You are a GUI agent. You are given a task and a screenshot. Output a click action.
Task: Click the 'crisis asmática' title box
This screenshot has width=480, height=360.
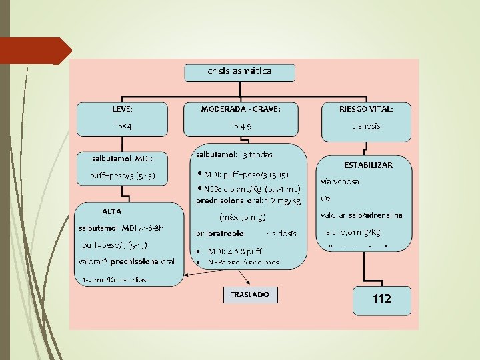[x=239, y=71]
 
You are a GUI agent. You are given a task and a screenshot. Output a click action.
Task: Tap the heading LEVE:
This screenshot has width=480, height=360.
[x=122, y=108]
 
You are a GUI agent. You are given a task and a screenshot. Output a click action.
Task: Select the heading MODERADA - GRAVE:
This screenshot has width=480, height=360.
[x=240, y=108]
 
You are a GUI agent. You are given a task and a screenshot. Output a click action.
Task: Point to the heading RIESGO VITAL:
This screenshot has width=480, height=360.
[x=366, y=108]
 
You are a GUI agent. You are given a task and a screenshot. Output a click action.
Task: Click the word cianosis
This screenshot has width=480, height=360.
[x=366, y=126]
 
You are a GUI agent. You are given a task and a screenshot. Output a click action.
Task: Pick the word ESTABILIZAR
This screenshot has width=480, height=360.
[x=368, y=164]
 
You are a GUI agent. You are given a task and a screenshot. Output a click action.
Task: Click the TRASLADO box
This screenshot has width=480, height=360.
[x=249, y=294]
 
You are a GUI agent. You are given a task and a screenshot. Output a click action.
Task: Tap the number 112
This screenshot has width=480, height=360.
[x=381, y=299]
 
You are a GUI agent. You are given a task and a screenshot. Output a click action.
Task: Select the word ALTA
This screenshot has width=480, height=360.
[x=111, y=211]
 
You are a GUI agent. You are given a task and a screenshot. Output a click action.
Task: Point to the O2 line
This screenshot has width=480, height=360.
[x=326, y=199]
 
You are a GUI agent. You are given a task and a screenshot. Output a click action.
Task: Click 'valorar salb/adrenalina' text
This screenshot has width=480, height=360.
[x=361, y=215]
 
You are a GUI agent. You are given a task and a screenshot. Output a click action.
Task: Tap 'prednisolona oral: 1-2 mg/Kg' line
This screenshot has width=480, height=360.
[x=248, y=201]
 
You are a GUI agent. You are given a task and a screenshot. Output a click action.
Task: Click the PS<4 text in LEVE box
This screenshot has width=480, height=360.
[x=122, y=126]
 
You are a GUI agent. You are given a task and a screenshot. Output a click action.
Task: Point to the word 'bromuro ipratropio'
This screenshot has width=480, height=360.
[x=221, y=234]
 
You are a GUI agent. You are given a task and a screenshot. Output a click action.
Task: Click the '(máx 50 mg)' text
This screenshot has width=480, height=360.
[x=243, y=217]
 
